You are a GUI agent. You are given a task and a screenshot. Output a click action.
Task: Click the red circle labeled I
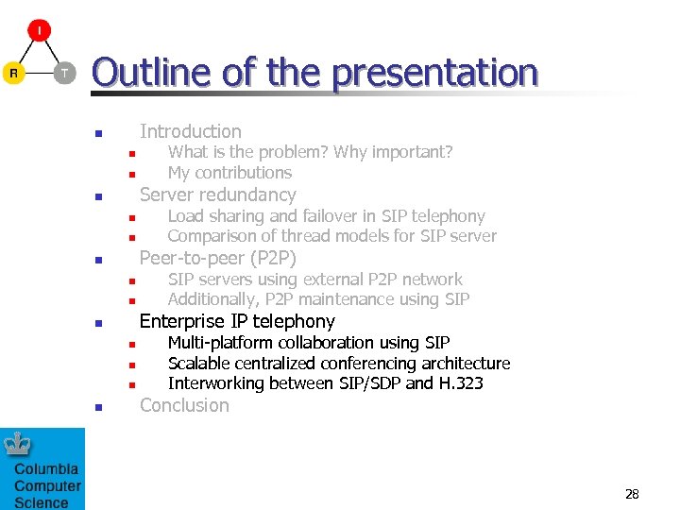pos(39,30)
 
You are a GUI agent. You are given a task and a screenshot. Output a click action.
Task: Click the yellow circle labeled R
pos(13,73)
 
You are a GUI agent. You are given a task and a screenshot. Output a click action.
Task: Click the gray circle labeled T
pos(64,73)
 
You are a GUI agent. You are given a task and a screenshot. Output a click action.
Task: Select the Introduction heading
pos(190,131)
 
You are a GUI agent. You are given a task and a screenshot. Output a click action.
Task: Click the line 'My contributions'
pos(229,173)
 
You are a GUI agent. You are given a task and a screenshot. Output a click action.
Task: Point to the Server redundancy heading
pos(217,195)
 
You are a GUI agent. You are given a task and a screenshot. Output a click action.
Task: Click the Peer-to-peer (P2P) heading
pos(217,258)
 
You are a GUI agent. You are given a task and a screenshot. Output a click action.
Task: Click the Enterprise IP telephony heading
pos(237,321)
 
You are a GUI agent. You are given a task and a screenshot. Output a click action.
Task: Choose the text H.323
pos(460,383)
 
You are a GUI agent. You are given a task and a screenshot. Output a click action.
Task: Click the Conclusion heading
pos(184,405)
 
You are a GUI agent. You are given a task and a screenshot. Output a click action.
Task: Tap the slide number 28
pos(632,494)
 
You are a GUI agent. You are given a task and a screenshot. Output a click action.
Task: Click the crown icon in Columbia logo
pos(19,443)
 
